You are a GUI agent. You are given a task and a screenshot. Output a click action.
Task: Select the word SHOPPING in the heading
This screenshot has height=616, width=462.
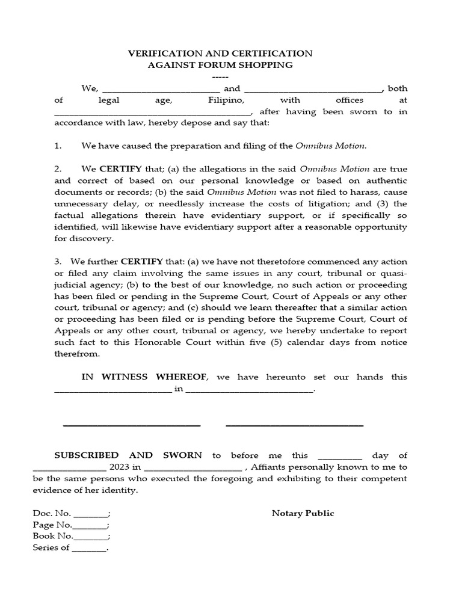click(x=262, y=65)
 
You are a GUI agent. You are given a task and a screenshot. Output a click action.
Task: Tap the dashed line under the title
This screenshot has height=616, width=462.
click(x=220, y=76)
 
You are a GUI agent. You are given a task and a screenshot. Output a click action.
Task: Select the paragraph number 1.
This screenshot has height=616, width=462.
click(x=58, y=146)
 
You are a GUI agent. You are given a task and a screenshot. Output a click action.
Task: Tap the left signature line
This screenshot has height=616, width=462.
click(x=131, y=425)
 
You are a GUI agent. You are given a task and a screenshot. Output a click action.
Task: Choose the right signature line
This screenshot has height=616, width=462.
click(x=294, y=425)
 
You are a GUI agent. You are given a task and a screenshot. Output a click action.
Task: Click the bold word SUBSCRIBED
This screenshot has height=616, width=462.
click(x=87, y=455)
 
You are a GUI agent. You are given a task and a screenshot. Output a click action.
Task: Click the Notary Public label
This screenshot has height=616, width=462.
click(x=303, y=513)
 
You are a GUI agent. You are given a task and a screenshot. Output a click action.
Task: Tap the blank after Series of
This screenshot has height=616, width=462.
click(x=88, y=548)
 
